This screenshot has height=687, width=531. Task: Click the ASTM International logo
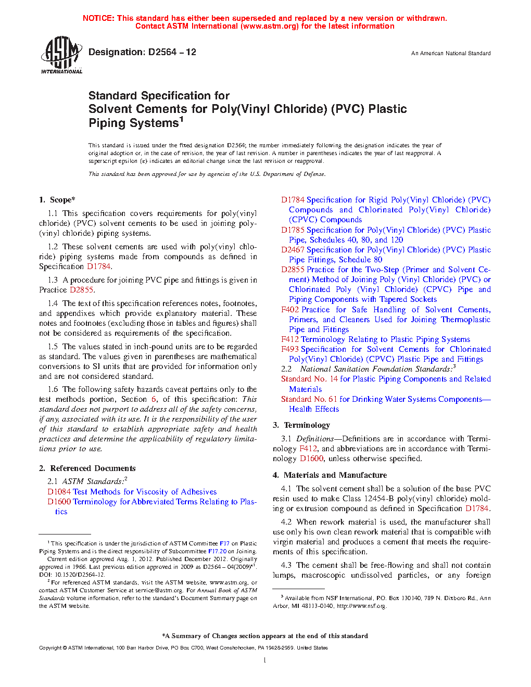(61, 55)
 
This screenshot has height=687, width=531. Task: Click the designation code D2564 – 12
(172, 52)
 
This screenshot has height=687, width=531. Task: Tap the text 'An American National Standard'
(450, 53)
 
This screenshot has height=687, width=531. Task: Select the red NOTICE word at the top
(98, 18)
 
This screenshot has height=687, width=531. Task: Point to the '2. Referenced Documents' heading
(87, 468)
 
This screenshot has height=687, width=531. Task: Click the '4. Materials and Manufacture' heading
(330, 475)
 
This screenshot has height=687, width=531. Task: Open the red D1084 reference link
(59, 492)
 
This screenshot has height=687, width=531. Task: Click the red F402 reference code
(290, 310)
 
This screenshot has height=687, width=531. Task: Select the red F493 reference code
(290, 349)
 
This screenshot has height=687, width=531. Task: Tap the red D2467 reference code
(293, 250)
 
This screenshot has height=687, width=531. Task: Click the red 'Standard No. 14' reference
(309, 379)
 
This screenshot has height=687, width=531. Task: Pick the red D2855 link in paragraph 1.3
(81, 290)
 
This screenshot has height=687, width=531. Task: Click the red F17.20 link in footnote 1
(217, 551)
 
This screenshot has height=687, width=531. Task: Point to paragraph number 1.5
(53, 347)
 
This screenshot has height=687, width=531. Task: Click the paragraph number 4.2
(286, 522)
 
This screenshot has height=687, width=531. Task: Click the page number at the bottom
(265, 660)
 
